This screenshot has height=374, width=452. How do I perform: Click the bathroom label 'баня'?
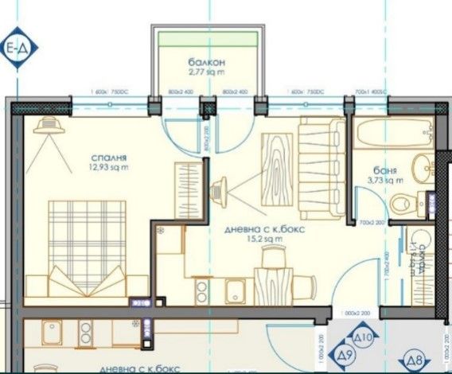coord(385,169)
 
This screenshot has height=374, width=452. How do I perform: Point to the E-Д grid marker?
coord(18,48)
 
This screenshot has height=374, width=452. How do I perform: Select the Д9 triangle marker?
coord(345,356)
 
